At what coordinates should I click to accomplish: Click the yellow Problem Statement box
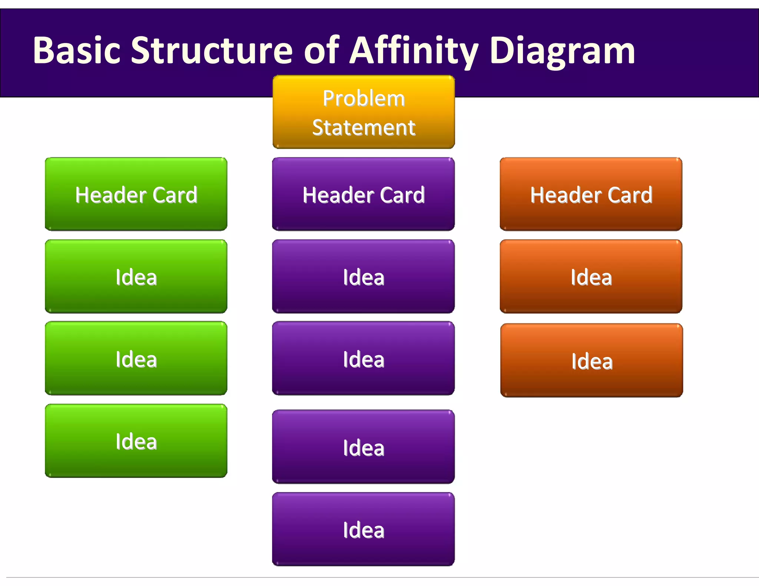pyautogui.click(x=364, y=112)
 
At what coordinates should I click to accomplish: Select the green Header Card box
pyautogui.click(x=136, y=194)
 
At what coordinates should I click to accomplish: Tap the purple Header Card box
pyautogui.click(x=363, y=194)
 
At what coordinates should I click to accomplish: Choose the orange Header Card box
pyautogui.click(x=591, y=194)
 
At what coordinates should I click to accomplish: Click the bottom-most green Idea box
pyautogui.click(x=136, y=441)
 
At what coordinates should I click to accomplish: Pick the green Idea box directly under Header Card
pyautogui.click(x=136, y=276)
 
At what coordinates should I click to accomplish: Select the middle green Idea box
pyautogui.click(x=136, y=358)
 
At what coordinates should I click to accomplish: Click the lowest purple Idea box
pyautogui.click(x=363, y=529)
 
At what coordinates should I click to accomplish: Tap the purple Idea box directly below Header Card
pyautogui.click(x=363, y=276)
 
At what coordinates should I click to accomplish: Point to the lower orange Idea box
pyautogui.click(x=591, y=360)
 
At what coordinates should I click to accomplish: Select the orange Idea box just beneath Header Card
pyautogui.click(x=591, y=276)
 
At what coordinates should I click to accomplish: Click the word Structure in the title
pyautogui.click(x=212, y=51)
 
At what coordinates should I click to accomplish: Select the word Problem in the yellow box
pyautogui.click(x=364, y=99)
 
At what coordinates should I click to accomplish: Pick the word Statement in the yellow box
pyautogui.click(x=364, y=128)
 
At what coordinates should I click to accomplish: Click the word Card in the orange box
pyautogui.click(x=630, y=195)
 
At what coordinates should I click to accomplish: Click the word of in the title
pyautogui.click(x=321, y=51)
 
